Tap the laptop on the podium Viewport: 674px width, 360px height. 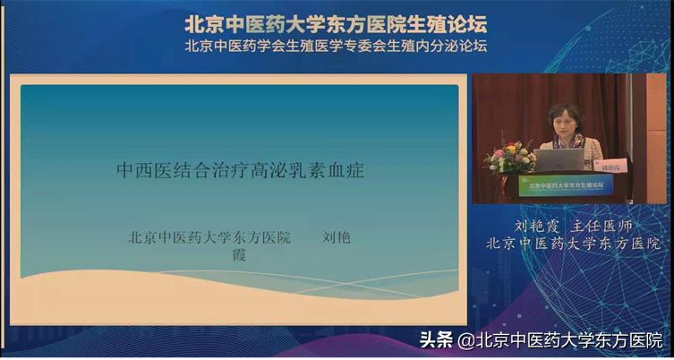559,160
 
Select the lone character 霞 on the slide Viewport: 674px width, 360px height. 238,255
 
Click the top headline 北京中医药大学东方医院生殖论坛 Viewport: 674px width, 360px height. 337,22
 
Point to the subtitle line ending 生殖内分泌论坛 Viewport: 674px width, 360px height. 337,46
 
